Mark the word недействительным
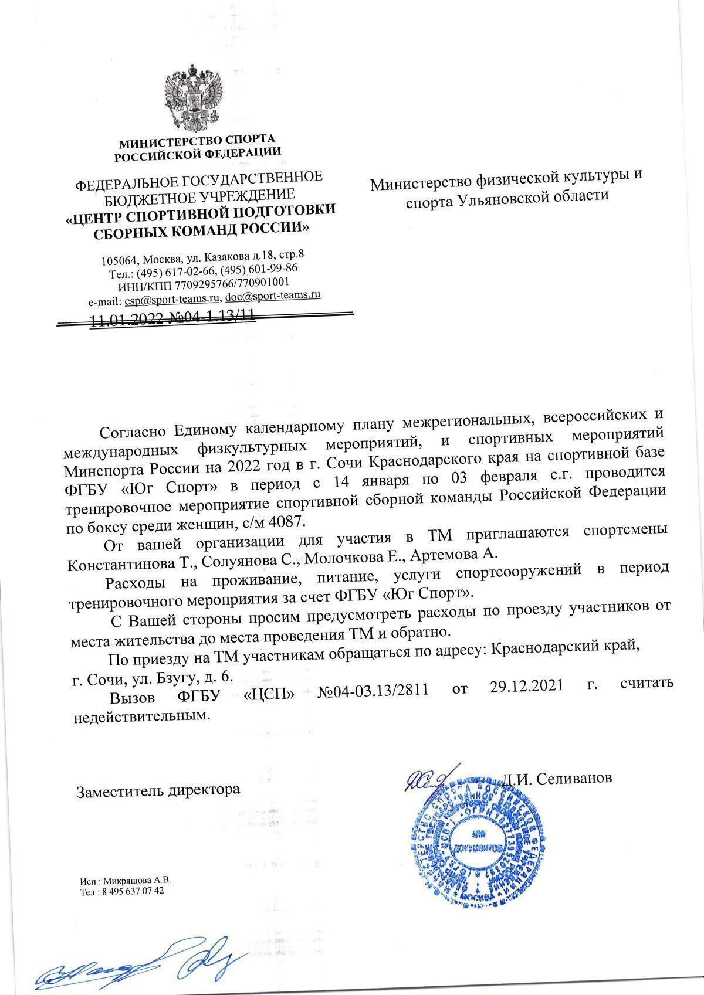click(x=141, y=717)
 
